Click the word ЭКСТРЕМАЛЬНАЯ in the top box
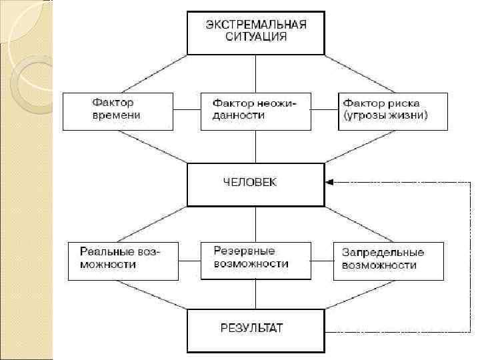click(x=256, y=25)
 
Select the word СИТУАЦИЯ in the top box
click(x=256, y=37)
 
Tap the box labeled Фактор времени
click(x=118, y=111)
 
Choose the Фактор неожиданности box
click(x=256, y=111)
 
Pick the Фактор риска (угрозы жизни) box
click(x=391, y=111)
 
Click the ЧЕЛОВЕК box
click(x=256, y=183)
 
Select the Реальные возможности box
click(x=123, y=261)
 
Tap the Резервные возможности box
click(x=256, y=260)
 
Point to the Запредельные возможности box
click(x=388, y=261)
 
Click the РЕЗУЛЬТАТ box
click(x=256, y=329)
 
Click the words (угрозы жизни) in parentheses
click(x=385, y=116)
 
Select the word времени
click(x=116, y=116)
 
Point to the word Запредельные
click(x=383, y=253)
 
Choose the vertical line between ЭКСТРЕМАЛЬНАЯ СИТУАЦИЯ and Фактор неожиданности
click(x=256, y=73)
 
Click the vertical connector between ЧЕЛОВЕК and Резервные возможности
click(x=256, y=223)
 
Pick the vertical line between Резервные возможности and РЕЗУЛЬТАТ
click(x=256, y=294)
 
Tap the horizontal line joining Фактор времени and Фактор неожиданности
click(x=187, y=111)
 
